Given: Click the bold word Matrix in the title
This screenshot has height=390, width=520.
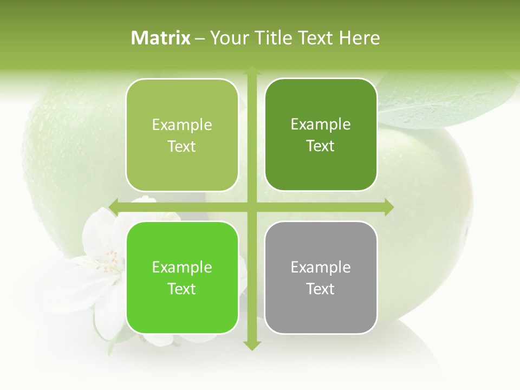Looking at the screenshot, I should (x=161, y=38).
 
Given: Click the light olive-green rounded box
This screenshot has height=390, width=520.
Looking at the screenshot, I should (x=182, y=135).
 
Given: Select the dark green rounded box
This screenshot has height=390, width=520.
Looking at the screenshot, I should (x=321, y=135).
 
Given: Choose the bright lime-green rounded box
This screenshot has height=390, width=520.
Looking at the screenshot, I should (x=182, y=277).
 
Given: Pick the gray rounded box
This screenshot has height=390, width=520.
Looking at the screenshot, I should (x=321, y=277).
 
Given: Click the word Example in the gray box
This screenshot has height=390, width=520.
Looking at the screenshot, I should (x=321, y=267).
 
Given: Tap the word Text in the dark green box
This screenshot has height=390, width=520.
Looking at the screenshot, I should (x=321, y=146).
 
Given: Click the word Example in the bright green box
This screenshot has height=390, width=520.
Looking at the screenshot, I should (x=182, y=267).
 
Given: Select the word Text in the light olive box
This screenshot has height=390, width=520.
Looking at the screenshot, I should (x=182, y=146).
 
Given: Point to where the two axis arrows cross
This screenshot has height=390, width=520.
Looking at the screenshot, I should (x=252, y=206).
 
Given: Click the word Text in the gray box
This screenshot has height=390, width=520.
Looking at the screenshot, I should (x=321, y=289).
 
